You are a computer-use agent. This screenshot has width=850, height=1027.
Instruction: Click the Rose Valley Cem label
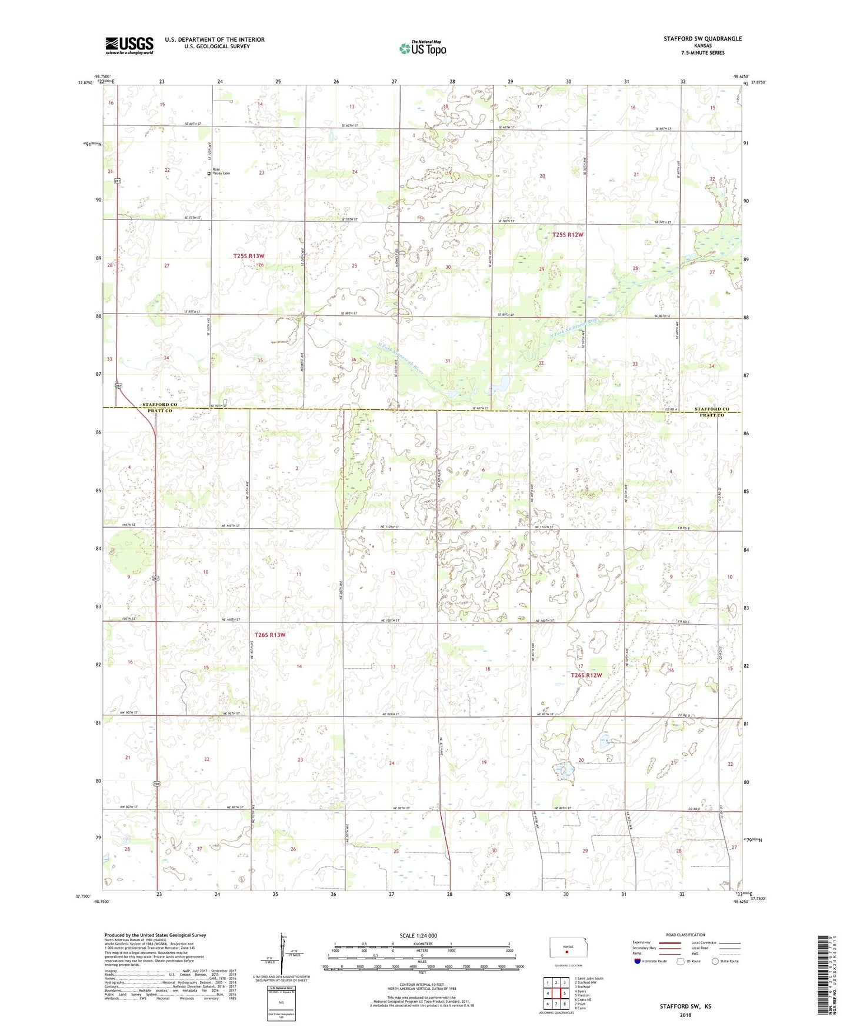coord(221,172)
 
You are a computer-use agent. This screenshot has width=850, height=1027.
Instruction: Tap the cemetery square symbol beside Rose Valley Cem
coord(209,174)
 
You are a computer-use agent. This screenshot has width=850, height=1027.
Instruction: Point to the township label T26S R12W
coord(586,675)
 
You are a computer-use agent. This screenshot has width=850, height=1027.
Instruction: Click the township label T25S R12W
coord(568,235)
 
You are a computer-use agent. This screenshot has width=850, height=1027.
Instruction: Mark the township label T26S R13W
coord(269,635)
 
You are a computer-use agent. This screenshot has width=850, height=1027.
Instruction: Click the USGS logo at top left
coord(129,45)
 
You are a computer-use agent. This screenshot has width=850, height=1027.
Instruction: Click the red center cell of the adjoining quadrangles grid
coord(556,994)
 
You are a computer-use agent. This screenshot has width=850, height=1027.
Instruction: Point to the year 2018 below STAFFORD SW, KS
coord(686,1014)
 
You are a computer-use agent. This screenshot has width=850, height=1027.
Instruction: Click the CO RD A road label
coord(672,409)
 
